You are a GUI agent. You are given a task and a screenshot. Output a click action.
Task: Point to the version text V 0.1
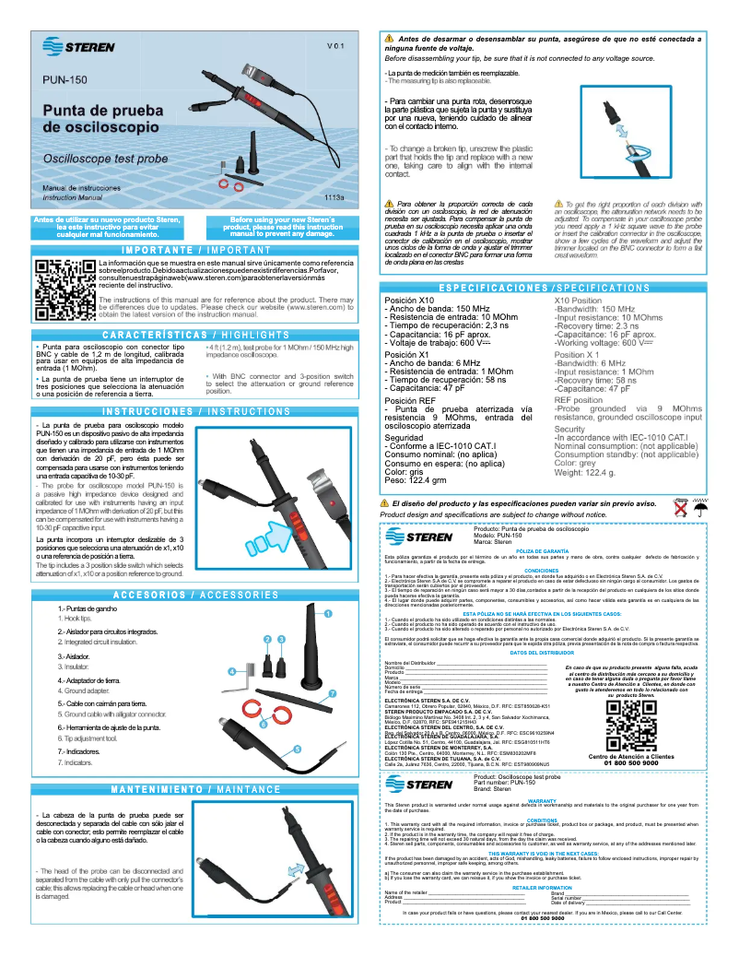[335, 44]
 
